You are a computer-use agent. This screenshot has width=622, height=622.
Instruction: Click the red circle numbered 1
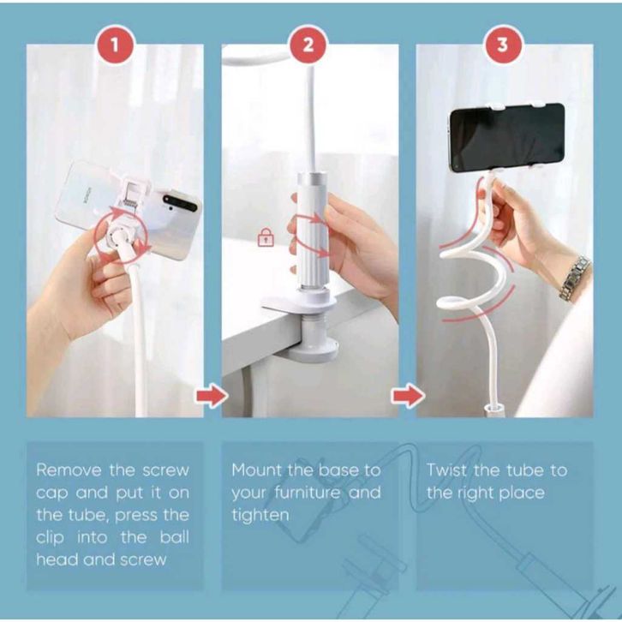[x=115, y=45]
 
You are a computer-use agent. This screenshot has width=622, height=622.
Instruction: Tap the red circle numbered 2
[x=308, y=45]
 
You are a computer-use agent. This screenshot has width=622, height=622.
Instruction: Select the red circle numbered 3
[x=502, y=45]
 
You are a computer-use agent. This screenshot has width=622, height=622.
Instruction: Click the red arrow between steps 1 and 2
[x=212, y=395]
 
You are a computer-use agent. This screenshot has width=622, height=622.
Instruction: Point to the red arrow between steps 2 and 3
[x=408, y=395]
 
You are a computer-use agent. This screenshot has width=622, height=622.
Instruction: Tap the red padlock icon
[x=266, y=237]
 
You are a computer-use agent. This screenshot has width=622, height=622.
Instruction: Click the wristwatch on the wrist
[x=574, y=278]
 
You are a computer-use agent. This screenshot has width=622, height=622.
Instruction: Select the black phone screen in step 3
[x=507, y=138]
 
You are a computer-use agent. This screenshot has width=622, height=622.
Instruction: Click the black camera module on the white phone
[x=181, y=203]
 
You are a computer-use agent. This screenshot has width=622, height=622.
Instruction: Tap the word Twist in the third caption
[x=446, y=470]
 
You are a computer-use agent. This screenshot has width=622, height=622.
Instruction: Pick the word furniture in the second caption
[x=308, y=493]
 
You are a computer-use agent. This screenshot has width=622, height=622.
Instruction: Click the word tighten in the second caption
[x=260, y=516]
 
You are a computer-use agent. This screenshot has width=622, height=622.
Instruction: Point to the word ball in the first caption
[x=174, y=537]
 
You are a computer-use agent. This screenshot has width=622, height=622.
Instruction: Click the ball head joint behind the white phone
[x=117, y=237]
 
